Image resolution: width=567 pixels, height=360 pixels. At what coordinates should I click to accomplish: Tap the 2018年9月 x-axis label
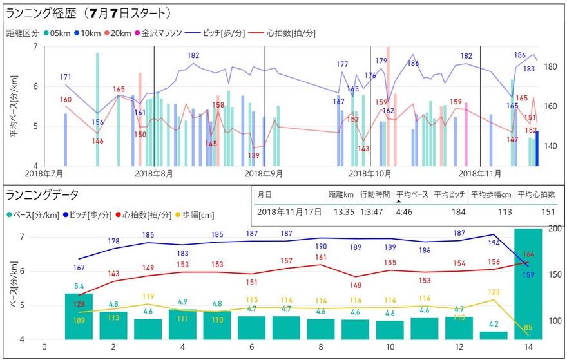point(264,174)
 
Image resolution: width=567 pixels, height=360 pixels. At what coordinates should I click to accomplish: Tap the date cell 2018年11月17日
point(289,211)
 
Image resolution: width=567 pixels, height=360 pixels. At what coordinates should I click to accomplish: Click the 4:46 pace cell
point(405,211)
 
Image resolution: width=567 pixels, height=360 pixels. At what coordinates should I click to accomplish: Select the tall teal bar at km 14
point(528,283)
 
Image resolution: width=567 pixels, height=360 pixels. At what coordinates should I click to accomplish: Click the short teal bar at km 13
point(494,336)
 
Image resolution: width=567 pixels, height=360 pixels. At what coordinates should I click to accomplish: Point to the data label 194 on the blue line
point(494,243)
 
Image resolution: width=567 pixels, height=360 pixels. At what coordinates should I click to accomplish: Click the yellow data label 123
point(494,292)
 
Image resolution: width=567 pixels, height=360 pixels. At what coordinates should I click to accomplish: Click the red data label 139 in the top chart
point(254,156)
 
